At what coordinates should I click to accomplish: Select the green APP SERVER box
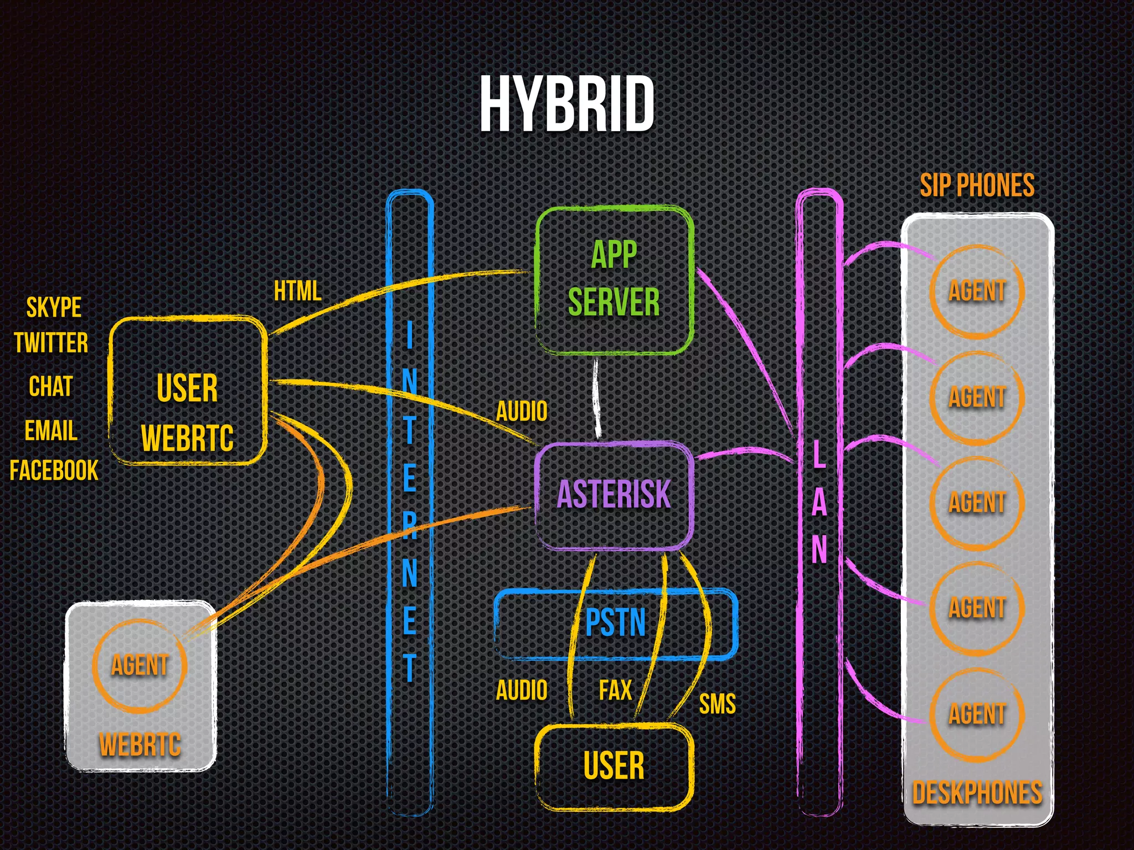click(x=614, y=279)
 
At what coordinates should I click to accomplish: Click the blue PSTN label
click(x=615, y=623)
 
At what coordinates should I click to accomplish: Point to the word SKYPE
click(x=54, y=308)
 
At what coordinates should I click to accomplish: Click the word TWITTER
click(x=51, y=343)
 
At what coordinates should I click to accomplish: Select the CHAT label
click(x=50, y=386)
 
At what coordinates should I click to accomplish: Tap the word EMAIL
click(x=50, y=431)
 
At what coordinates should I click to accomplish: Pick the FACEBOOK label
click(x=54, y=471)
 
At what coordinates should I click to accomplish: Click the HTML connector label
click(x=297, y=291)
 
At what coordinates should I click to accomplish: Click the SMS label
click(x=717, y=704)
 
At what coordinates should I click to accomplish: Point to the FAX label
click(x=615, y=691)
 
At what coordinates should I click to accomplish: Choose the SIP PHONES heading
click(x=977, y=185)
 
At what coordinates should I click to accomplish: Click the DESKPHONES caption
click(x=977, y=793)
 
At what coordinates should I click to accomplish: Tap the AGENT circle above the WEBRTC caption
click(x=140, y=665)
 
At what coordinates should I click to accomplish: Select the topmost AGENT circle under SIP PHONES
click(x=977, y=291)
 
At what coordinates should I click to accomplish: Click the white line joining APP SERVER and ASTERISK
click(x=597, y=398)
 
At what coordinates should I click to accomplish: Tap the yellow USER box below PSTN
click(x=614, y=766)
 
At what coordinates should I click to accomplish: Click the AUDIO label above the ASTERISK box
click(x=521, y=412)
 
